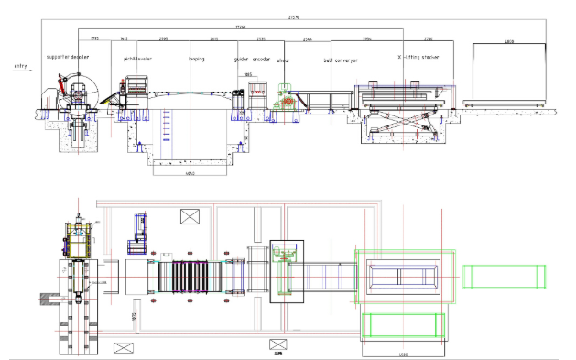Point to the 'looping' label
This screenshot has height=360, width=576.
195,59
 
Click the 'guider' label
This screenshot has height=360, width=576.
242,59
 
